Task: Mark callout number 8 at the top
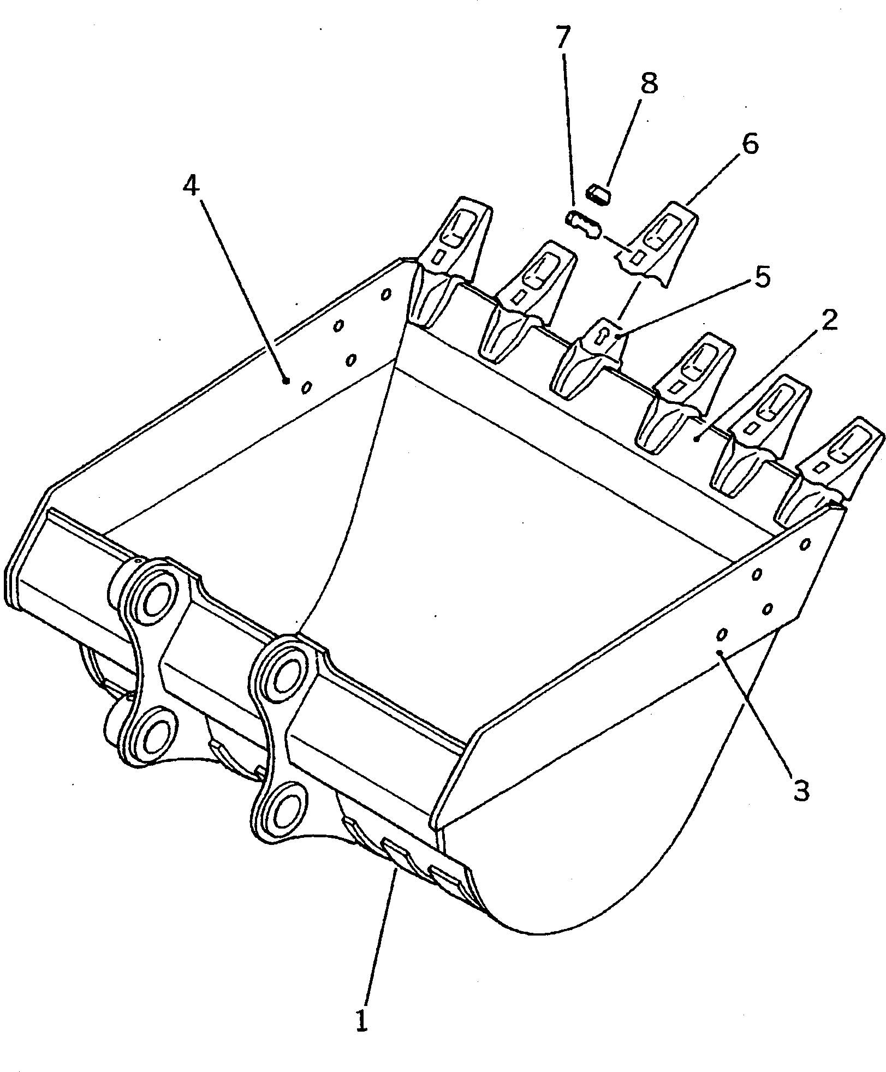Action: [649, 83]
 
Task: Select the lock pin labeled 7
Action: [582, 224]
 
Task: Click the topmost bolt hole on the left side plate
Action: [386, 294]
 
